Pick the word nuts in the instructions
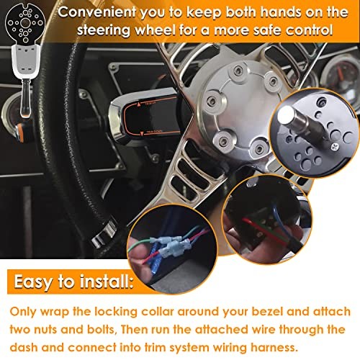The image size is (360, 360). click(45, 328)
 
